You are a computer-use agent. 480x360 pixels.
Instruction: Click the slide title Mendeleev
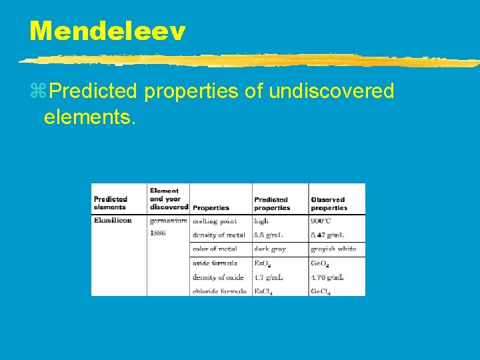point(107,31)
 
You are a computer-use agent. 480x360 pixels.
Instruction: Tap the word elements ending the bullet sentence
point(89,118)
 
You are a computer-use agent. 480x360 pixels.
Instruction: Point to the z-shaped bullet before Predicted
point(37,91)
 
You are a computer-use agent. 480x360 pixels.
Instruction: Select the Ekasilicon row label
point(113,220)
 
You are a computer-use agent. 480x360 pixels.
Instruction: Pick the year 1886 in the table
point(158,233)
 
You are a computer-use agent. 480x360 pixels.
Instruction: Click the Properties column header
point(211,208)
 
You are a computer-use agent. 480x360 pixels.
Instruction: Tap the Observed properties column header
point(329,203)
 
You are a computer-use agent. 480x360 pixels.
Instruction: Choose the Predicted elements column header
point(111,203)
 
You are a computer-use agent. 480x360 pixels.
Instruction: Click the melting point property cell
point(215,220)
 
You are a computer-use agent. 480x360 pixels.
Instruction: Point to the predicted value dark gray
point(270,249)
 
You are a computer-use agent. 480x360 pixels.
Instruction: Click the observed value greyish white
point(333,249)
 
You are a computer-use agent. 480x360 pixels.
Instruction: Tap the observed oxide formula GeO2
point(321,263)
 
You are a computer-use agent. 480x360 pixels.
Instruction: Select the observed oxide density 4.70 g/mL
point(327,277)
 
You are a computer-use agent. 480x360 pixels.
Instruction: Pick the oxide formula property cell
point(215,263)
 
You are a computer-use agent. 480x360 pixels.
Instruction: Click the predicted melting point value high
point(261,220)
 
